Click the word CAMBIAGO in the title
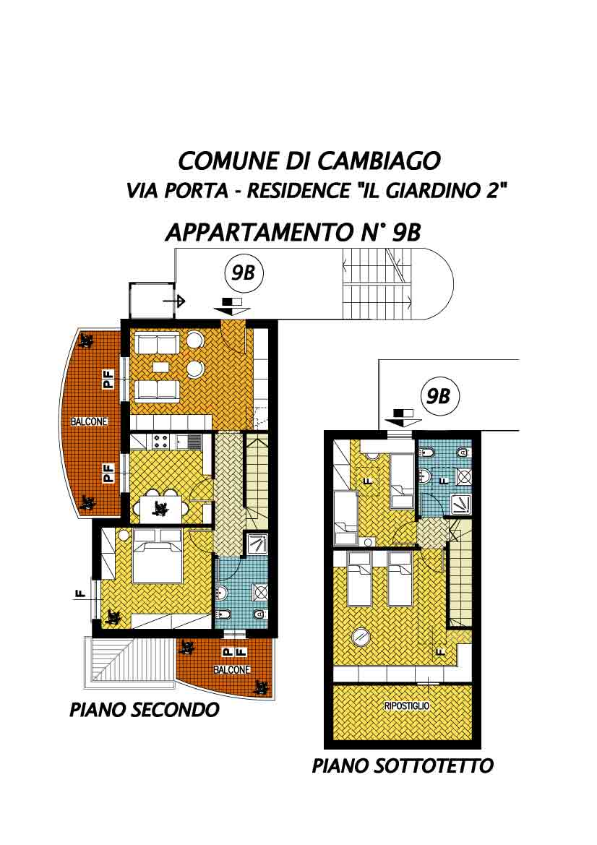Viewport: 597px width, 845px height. point(379,160)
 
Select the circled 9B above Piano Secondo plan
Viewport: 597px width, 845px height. point(243,273)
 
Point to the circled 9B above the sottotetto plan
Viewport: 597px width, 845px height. point(438,397)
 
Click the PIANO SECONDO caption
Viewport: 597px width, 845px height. point(145,710)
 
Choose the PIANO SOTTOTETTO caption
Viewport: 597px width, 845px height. point(403,765)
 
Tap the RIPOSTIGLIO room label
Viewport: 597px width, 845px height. point(407,705)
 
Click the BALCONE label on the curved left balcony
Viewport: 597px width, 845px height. point(90,421)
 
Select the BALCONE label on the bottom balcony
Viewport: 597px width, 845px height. point(232,669)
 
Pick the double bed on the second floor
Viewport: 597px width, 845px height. point(157,556)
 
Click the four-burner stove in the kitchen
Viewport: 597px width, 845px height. point(160,442)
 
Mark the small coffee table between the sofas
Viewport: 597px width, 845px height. point(160,367)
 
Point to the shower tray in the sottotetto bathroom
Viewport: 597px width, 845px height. point(461,504)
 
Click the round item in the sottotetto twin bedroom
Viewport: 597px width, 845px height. point(360,638)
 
